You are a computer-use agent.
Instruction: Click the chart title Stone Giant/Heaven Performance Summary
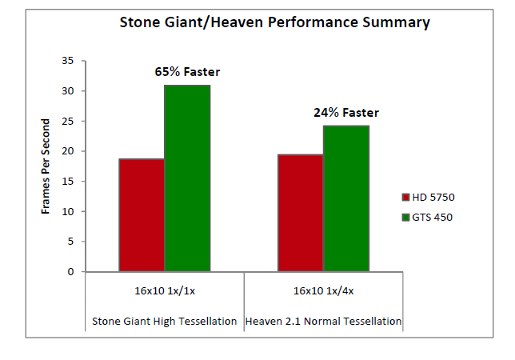click(x=274, y=22)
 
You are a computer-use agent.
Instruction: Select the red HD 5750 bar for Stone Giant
click(x=142, y=215)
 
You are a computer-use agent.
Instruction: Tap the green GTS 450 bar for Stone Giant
click(x=187, y=178)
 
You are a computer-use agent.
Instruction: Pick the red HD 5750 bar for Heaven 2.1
click(x=301, y=213)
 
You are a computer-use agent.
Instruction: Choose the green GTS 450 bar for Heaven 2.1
click(x=346, y=198)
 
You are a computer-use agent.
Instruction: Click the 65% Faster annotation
click(x=187, y=72)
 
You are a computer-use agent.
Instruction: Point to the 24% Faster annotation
click(x=346, y=113)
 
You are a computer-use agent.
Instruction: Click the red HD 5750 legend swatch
click(x=405, y=197)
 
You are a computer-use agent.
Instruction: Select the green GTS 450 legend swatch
click(x=405, y=217)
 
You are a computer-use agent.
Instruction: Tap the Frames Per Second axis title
click(x=46, y=166)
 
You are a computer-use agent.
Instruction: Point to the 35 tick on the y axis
click(x=68, y=61)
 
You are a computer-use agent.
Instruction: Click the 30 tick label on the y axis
click(x=68, y=90)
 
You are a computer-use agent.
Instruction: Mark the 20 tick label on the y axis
click(x=68, y=151)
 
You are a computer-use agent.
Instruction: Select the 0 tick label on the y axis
click(x=70, y=272)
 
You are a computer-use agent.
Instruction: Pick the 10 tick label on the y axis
click(x=68, y=211)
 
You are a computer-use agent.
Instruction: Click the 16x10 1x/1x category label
click(x=165, y=291)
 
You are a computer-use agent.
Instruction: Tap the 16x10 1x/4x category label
click(x=324, y=291)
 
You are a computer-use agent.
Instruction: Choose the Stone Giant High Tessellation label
click(x=164, y=322)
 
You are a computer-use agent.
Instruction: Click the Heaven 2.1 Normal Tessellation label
click(x=324, y=322)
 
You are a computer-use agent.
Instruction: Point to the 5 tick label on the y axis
click(x=70, y=242)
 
